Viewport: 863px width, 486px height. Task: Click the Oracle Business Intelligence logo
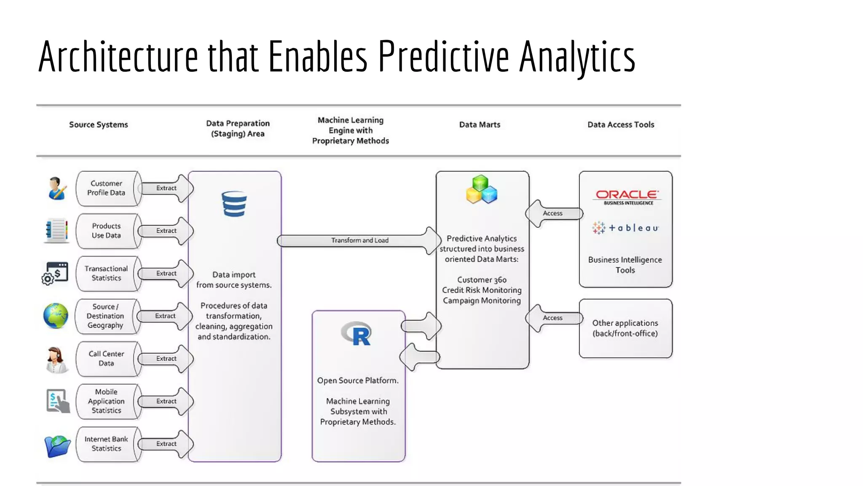click(628, 197)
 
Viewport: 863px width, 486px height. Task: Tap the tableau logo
click(625, 228)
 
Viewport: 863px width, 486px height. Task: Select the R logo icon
click(357, 334)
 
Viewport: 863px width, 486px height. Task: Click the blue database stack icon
click(234, 204)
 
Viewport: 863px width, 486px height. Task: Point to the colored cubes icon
click(481, 190)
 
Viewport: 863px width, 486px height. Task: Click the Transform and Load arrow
click(359, 240)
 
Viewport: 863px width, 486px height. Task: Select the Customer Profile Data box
click(106, 188)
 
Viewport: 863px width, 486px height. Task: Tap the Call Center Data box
click(106, 359)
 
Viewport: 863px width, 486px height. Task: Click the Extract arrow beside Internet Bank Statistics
click(166, 444)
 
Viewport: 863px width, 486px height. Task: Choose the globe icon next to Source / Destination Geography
click(56, 316)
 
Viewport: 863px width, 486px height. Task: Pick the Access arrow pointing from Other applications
click(553, 318)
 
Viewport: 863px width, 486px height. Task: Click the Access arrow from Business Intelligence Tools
click(553, 213)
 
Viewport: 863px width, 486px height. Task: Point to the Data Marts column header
click(480, 124)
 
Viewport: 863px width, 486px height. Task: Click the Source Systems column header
click(98, 124)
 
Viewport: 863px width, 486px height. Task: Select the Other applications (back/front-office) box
click(625, 328)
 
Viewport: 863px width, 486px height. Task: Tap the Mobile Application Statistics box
click(106, 401)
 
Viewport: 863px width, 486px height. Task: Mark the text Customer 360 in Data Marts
click(482, 280)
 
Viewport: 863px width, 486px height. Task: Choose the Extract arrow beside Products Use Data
click(166, 231)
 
